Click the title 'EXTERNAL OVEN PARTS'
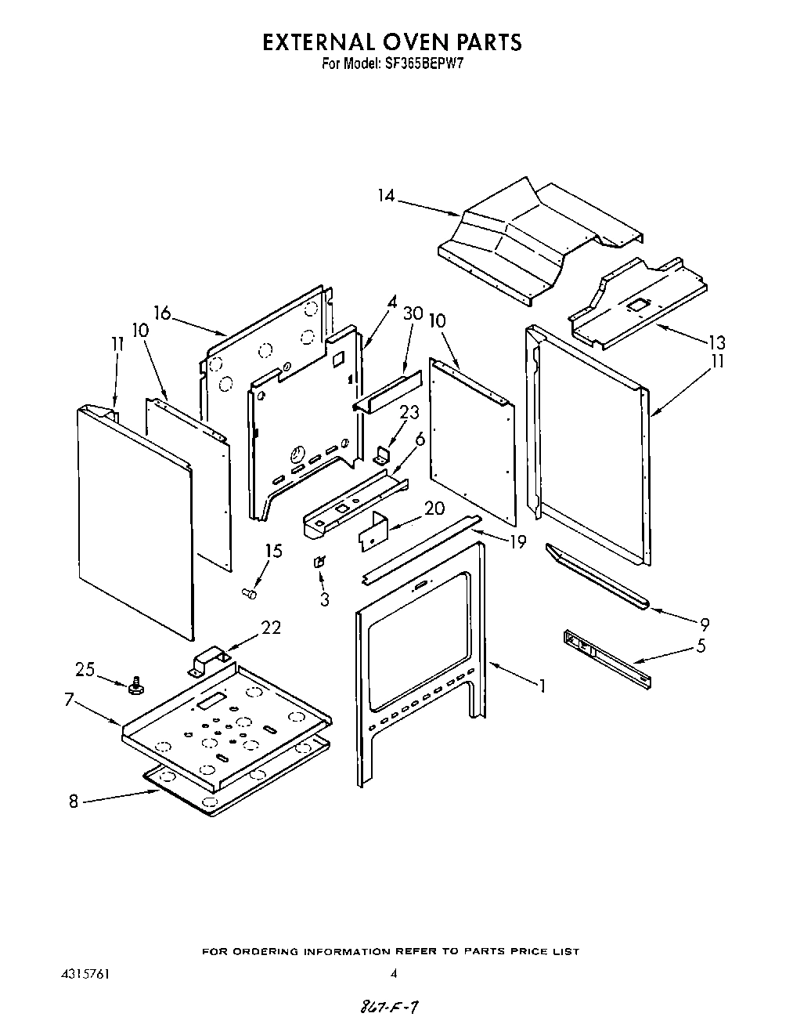pyautogui.click(x=391, y=42)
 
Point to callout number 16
pyautogui.click(x=162, y=313)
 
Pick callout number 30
pyautogui.click(x=413, y=313)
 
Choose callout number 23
pyautogui.click(x=409, y=412)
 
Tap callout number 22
pyautogui.click(x=270, y=628)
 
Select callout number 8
pyautogui.click(x=74, y=802)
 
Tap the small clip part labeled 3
pyautogui.click(x=319, y=562)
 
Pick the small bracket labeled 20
pyautogui.click(x=374, y=528)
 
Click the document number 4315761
pyautogui.click(x=85, y=975)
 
